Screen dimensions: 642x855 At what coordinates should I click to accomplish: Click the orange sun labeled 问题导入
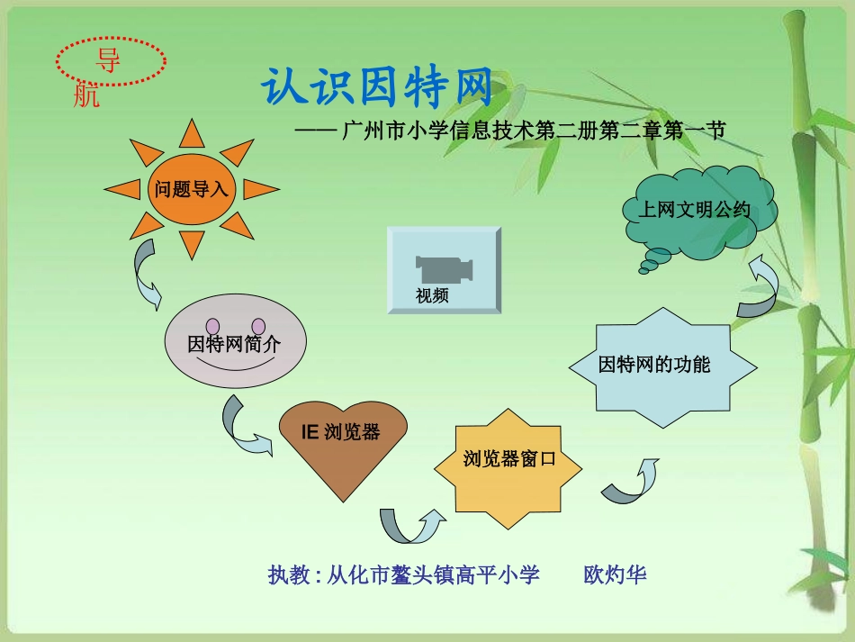(x=192, y=190)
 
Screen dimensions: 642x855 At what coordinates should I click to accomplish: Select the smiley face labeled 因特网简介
(x=235, y=344)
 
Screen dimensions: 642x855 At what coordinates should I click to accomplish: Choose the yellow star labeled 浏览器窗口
(x=508, y=459)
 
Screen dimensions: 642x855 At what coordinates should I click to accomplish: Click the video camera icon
(x=444, y=267)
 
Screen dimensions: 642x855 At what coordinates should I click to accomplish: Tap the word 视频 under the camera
(x=432, y=295)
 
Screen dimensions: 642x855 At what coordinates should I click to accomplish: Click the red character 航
(x=86, y=95)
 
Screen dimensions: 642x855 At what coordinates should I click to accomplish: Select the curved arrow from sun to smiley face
(x=146, y=276)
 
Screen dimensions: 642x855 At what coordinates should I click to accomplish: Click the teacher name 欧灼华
(x=616, y=574)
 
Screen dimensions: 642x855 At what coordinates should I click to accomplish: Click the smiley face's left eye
(x=213, y=325)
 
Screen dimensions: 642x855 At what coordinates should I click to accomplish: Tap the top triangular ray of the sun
(x=192, y=134)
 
